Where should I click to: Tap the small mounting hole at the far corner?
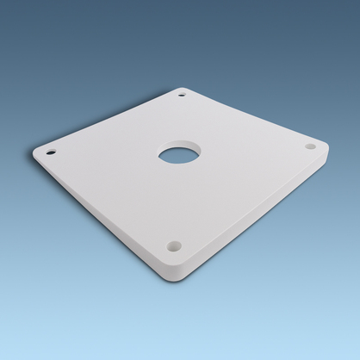pos(182,92)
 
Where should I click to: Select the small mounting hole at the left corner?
pos(51,152)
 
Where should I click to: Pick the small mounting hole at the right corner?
pos(311,146)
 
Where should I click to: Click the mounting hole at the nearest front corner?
pos(175,245)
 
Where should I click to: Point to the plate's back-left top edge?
pos(108,118)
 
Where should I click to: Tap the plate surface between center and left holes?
pos(112,155)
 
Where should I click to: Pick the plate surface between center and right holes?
pos(250,152)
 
